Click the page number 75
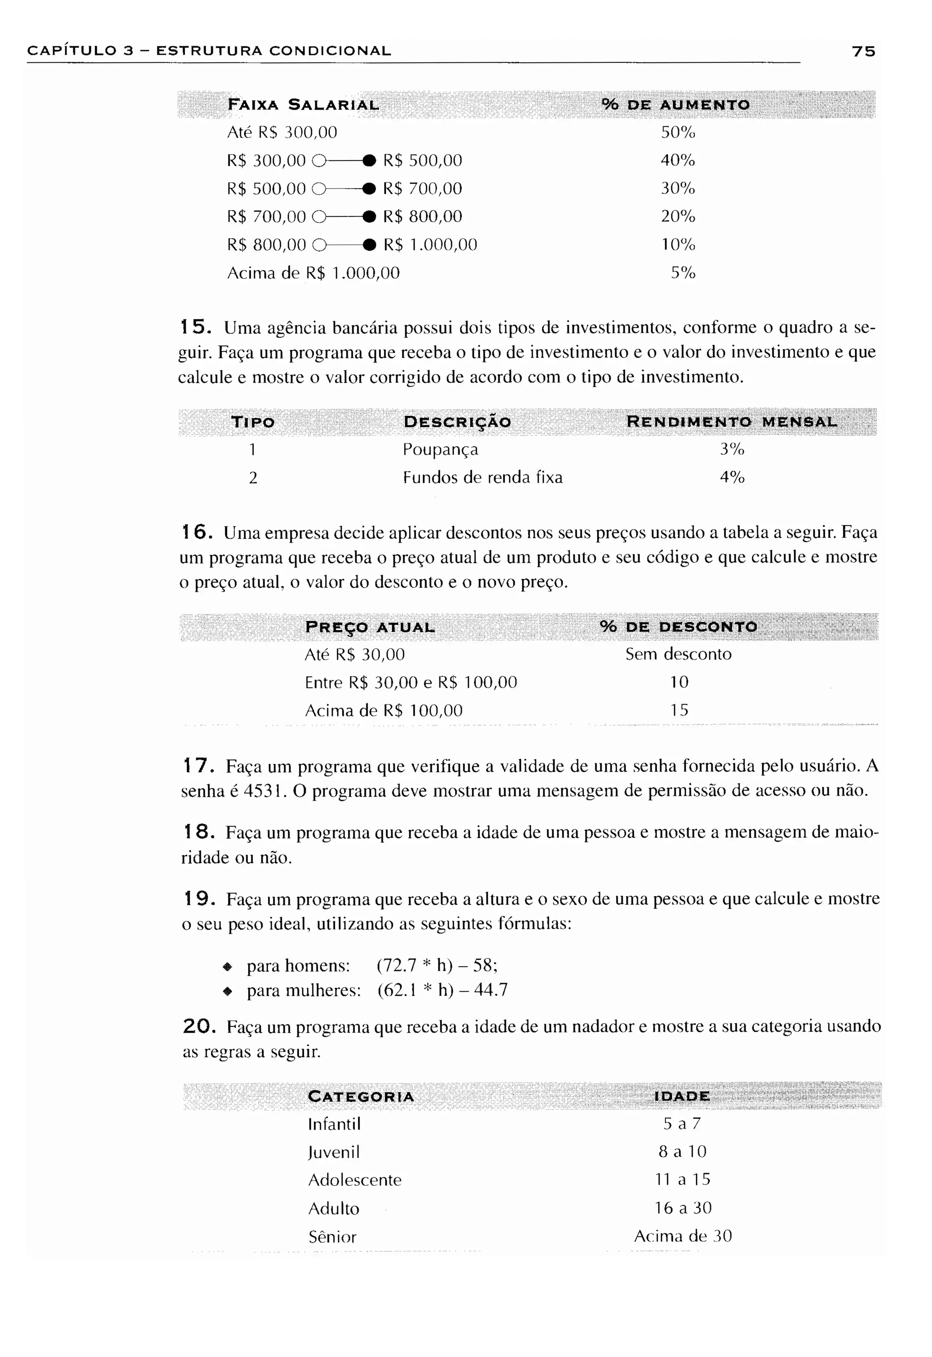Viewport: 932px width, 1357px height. tap(863, 51)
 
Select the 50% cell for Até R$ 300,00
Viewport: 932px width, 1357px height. tap(678, 132)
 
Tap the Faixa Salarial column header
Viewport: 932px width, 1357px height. tap(303, 105)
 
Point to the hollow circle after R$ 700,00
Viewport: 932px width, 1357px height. tap(318, 217)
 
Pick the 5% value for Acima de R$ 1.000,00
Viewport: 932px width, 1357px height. tap(683, 272)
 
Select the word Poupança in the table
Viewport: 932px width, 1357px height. tap(441, 449)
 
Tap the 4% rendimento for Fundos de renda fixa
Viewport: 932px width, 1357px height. tap(732, 478)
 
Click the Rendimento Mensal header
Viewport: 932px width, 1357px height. tap(732, 422)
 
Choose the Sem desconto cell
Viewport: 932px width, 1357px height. tap(678, 654)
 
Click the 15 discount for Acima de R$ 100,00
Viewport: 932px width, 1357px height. tap(679, 710)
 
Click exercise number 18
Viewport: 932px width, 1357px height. tap(196, 832)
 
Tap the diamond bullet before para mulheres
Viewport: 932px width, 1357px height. tap(228, 991)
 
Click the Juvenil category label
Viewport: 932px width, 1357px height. tap(334, 1152)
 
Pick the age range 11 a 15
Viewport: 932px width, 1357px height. tap(682, 1180)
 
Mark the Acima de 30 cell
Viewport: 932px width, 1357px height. tap(683, 1236)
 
